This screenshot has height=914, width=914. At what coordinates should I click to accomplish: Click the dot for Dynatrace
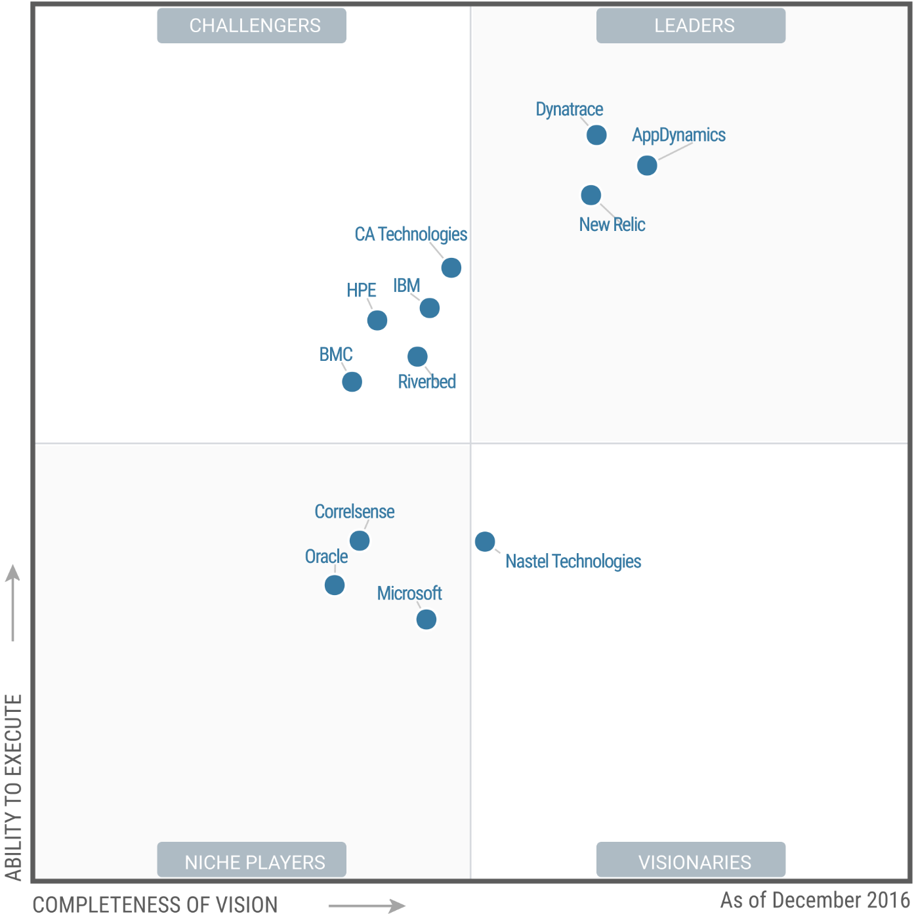point(596,135)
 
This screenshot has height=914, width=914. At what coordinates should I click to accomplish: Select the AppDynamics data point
point(647,165)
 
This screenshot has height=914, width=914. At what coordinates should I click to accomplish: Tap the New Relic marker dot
point(591,195)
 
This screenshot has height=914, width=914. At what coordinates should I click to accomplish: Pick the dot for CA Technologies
point(451,268)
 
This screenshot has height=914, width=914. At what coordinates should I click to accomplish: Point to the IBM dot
point(430,308)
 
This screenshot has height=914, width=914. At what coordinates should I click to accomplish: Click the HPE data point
point(377,320)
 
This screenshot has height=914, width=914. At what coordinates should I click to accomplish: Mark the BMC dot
point(352,381)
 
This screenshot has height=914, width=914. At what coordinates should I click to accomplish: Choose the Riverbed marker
point(417,356)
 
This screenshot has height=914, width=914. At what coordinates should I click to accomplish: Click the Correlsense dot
point(360,541)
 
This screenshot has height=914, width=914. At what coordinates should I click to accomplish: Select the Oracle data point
point(335,585)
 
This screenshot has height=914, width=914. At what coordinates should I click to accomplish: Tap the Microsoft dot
point(426,619)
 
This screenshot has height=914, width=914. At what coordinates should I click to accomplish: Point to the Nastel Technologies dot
point(485,541)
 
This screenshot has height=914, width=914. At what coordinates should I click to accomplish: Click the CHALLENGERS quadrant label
point(252,26)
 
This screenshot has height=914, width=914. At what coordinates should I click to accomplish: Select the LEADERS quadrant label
point(691,26)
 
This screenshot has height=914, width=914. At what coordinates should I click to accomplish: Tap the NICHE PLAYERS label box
point(252,860)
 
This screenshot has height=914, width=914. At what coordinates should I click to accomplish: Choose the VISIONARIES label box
point(691,860)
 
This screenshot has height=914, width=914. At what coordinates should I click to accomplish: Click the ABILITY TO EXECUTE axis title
point(14,787)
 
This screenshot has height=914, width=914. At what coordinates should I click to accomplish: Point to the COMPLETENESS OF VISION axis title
point(155,904)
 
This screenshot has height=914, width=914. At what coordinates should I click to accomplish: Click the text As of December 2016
point(815,900)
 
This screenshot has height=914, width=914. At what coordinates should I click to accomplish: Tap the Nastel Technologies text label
point(573,562)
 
